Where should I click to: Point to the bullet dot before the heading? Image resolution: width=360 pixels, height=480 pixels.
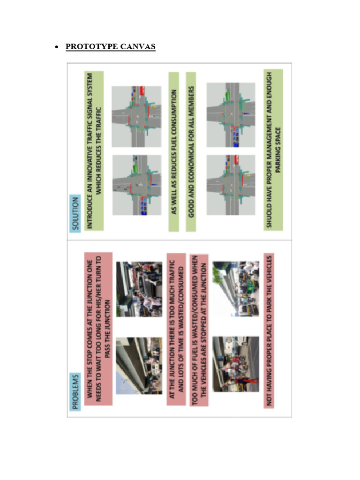pyautogui.click(x=57, y=47)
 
